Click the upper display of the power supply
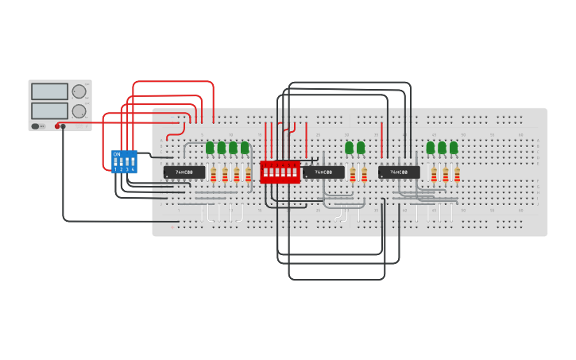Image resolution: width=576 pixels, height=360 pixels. [49, 91]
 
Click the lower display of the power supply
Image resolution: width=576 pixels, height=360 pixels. [49, 110]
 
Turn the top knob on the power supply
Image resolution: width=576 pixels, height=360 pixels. [79, 91]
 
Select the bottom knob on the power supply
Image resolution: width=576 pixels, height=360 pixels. [79, 111]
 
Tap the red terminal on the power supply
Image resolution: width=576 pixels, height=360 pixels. [58, 126]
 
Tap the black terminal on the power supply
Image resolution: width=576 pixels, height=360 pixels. [64, 126]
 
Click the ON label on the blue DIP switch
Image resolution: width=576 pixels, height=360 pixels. [117, 153]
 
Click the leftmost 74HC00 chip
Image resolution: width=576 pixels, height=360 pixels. [184, 172]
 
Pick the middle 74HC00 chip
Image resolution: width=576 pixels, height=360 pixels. [323, 172]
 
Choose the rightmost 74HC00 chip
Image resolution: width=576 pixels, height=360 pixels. [399, 172]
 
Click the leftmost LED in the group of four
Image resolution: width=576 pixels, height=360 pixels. [211, 147]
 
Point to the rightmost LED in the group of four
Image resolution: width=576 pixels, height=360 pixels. [245, 147]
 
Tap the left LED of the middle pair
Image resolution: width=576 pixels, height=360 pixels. [349, 147]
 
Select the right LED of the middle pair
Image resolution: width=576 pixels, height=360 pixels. [361, 147]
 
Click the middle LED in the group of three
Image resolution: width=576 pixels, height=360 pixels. [442, 147]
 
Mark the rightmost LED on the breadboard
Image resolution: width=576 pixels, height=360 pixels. [454, 147]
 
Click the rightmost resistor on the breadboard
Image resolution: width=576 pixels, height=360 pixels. [457, 174]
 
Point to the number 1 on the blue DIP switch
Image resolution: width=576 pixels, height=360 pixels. [114, 169]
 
